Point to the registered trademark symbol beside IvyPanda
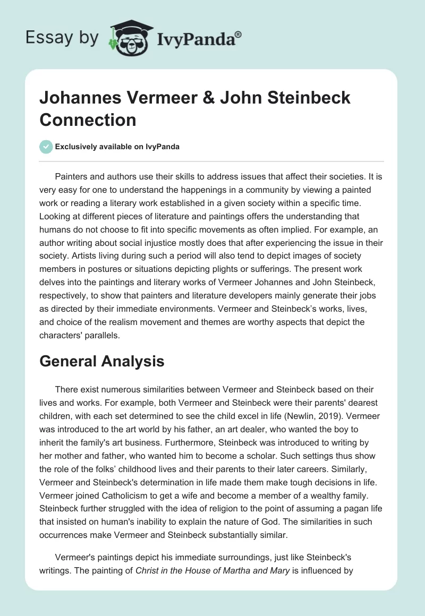click(x=239, y=34)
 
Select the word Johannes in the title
click(x=79, y=99)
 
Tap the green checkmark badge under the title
click(x=47, y=147)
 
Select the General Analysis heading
click(x=102, y=362)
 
